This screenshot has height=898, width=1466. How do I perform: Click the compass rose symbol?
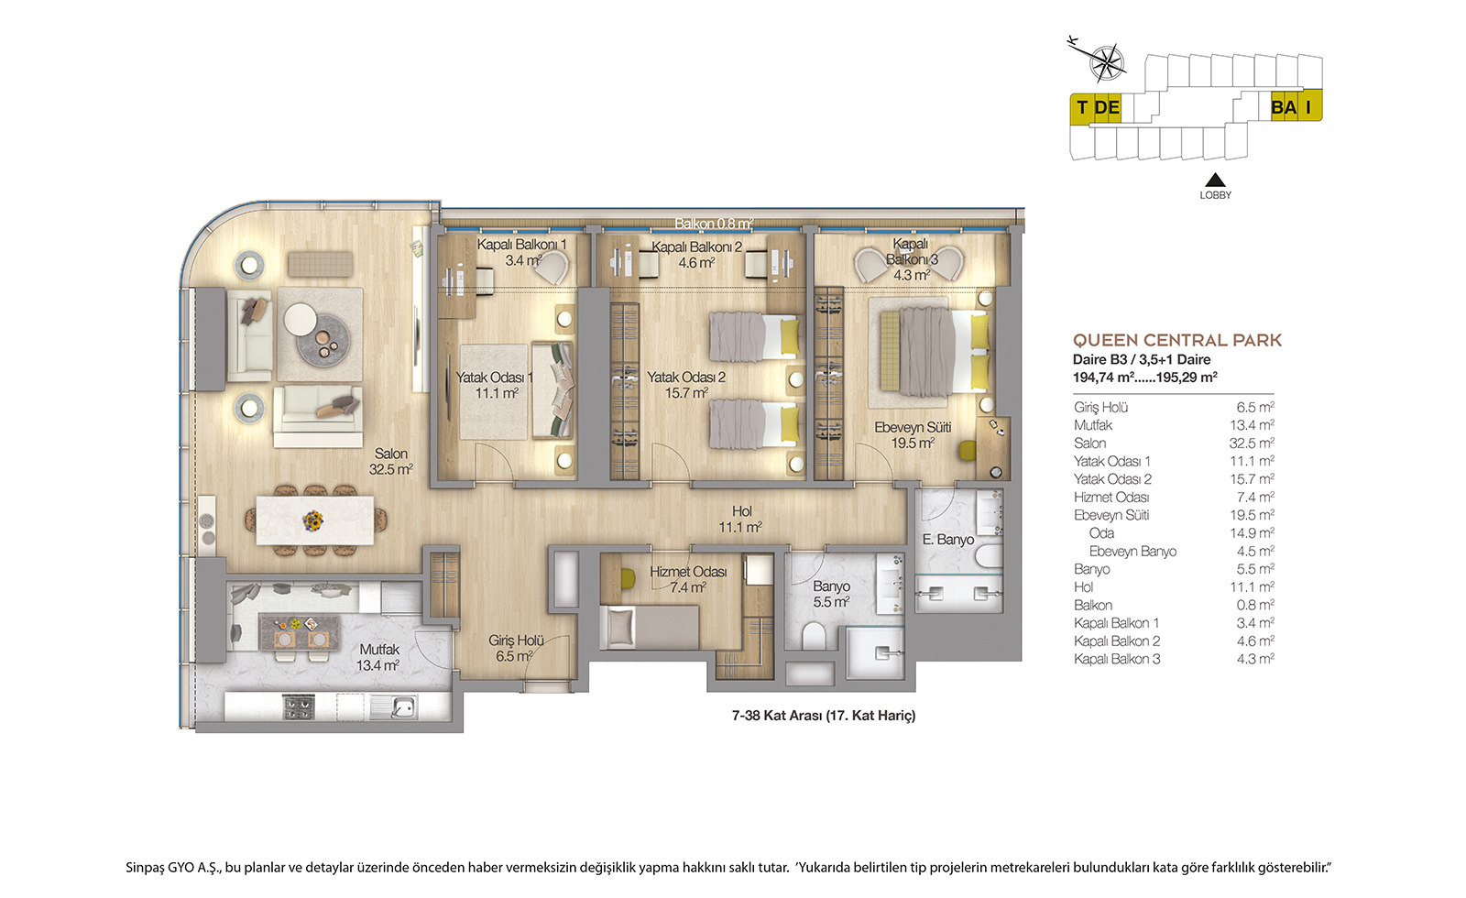pos(1106,63)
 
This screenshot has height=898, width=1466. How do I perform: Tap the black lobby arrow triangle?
pos(1215,180)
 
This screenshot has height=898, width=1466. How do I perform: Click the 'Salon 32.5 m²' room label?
pos(390,462)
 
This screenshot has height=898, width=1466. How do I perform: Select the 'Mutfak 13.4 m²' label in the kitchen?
pos(378,657)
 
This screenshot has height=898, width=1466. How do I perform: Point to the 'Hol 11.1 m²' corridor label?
pos(741,519)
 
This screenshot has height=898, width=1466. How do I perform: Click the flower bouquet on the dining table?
pos(313,520)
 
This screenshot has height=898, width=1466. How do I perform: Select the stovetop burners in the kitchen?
pos(299,706)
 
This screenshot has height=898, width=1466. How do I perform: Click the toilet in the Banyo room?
pos(814,635)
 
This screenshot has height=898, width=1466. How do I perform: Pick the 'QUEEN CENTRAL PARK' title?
pos(1176,340)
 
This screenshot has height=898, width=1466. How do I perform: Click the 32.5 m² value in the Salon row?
pos(1252,444)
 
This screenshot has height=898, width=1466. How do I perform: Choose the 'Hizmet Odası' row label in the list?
pos(1111,498)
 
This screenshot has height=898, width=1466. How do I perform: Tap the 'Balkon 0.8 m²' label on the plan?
pos(714,224)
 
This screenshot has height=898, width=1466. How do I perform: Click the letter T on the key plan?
pos(1082,107)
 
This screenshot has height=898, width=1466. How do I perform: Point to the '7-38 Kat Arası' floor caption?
pos(776,716)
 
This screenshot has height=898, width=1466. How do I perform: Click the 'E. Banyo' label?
pos(947,540)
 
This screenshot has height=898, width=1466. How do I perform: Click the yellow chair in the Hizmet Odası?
pos(628,578)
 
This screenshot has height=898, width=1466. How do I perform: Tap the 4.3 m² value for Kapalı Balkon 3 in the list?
pos(1255,659)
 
